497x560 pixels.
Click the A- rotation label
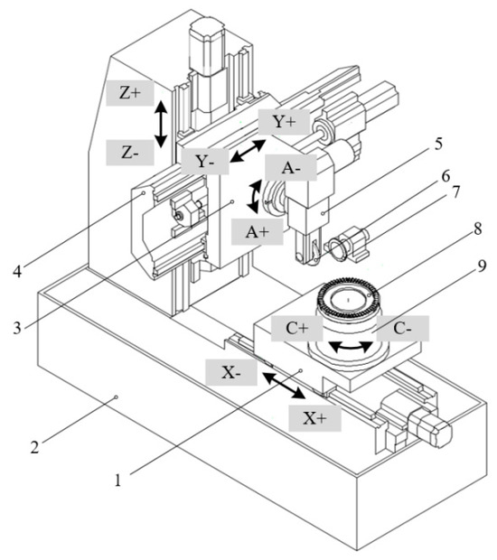290,167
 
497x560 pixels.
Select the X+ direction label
314,416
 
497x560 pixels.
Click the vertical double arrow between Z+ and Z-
161,124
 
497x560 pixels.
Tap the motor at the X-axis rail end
433,428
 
